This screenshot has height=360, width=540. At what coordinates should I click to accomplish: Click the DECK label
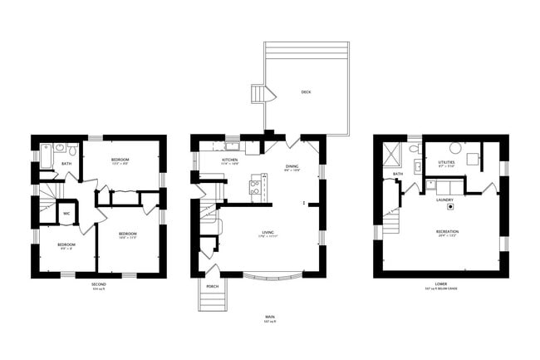click(306, 93)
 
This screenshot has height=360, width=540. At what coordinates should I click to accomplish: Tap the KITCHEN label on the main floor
click(230, 160)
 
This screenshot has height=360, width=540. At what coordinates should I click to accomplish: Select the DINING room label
click(292, 165)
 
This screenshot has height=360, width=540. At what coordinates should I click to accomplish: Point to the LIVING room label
click(268, 232)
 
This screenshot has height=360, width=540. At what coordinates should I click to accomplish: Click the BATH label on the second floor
click(66, 164)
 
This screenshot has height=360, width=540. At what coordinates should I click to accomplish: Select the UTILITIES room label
click(445, 162)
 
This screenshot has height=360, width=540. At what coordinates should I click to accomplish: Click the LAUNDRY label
click(444, 200)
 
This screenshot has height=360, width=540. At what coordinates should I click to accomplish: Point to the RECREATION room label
click(447, 231)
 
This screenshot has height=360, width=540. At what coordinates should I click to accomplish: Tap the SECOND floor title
click(99, 284)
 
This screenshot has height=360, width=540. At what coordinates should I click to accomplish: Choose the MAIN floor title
click(269, 317)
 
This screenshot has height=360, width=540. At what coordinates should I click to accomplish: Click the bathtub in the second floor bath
click(47, 152)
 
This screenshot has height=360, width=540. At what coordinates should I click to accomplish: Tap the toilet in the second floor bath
click(73, 150)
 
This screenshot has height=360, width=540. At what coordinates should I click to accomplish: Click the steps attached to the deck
click(262, 94)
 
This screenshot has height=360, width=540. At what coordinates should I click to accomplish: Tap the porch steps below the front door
click(207, 295)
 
